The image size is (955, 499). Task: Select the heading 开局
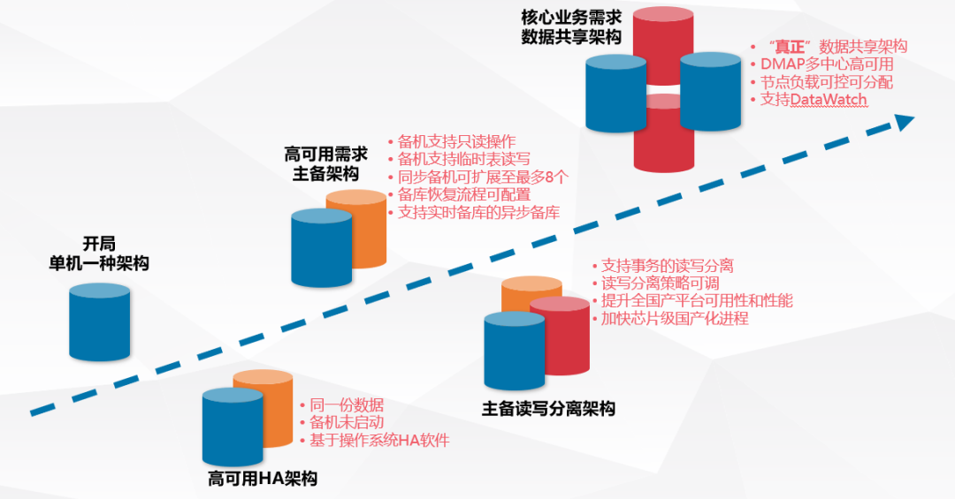[x=99, y=244]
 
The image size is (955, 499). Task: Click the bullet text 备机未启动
[x=346, y=422]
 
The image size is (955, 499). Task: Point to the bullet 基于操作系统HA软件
[x=378, y=440]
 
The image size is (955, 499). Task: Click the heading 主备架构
[x=319, y=174]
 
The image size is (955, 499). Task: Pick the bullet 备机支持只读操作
[x=456, y=141]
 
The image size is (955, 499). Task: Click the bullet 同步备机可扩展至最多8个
[x=483, y=177]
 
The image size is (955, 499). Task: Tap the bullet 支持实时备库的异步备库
[x=478, y=212]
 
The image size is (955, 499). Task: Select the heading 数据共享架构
[x=571, y=36]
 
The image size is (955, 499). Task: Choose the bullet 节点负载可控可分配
[x=827, y=81]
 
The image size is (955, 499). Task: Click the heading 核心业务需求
[x=571, y=16]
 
